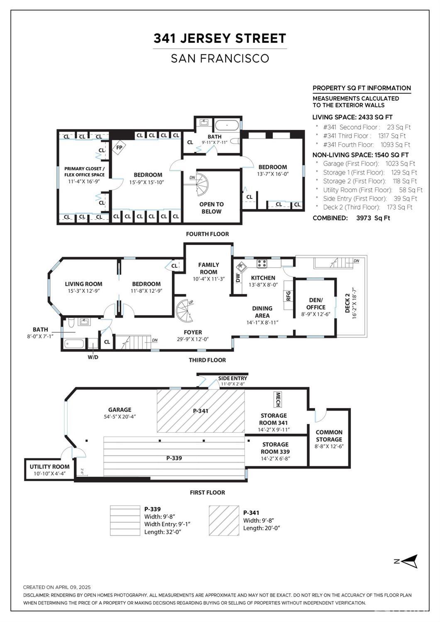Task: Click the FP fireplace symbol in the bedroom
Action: [x=119, y=147]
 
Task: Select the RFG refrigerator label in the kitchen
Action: [x=288, y=296]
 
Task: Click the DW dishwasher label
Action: [x=238, y=277]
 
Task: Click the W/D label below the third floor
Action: [x=93, y=357]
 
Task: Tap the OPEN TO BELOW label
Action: [x=212, y=208]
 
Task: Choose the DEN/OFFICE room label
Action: [x=315, y=304]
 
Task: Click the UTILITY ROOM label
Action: [x=50, y=467]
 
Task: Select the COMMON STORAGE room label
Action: [x=329, y=436]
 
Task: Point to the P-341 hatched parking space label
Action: [x=201, y=411]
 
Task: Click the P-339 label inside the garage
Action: [x=174, y=458]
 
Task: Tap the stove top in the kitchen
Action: [x=262, y=264]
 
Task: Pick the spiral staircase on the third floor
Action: [x=185, y=311]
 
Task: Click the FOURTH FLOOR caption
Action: [x=208, y=234]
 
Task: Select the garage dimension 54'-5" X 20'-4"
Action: [x=120, y=416]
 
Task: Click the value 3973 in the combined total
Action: [x=364, y=218]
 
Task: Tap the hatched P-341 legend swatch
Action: [x=224, y=520]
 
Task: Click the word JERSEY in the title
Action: [x=205, y=38]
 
